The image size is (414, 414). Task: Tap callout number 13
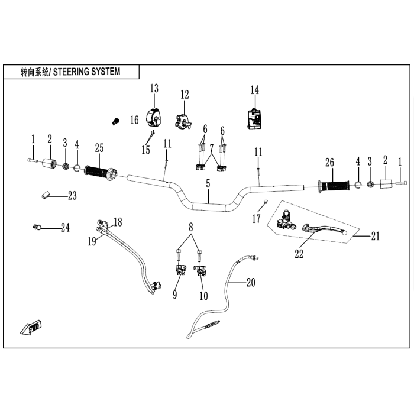154,89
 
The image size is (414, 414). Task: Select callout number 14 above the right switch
254,90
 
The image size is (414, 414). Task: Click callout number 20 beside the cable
251,283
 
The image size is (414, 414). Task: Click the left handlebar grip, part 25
101,173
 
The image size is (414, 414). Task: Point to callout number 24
64,228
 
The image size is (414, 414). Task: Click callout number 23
72,196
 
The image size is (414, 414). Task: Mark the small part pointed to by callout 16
115,121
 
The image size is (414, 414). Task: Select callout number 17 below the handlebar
256,219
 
